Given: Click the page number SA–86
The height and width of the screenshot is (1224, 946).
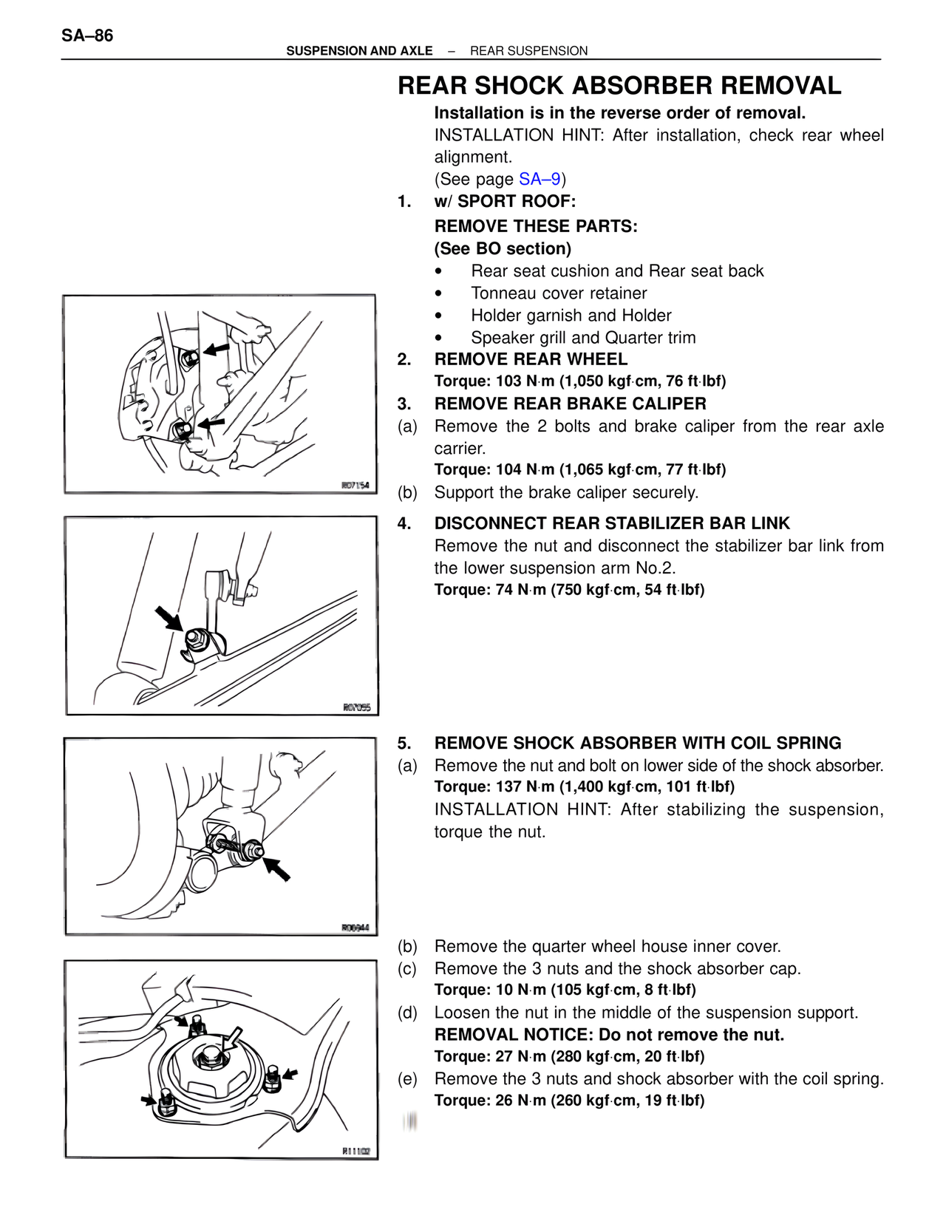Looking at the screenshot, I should click(87, 35).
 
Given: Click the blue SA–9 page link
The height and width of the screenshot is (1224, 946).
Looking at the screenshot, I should click(540, 179).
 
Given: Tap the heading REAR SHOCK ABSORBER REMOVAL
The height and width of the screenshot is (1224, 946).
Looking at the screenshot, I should click(619, 86).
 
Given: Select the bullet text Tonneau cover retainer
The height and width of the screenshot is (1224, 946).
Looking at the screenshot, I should click(559, 293).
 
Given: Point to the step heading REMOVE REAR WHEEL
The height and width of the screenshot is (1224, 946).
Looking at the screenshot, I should click(531, 359).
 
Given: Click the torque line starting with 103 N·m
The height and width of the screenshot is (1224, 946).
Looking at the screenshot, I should click(580, 381).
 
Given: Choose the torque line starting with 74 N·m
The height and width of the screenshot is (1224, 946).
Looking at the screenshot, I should click(569, 589).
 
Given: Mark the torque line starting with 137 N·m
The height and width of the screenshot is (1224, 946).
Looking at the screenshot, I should click(584, 786).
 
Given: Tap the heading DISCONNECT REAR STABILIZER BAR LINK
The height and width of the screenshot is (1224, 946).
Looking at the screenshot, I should click(612, 523).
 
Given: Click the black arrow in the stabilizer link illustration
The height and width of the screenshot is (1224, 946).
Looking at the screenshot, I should click(169, 618).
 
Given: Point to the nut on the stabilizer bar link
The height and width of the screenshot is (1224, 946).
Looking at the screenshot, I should click(196, 639).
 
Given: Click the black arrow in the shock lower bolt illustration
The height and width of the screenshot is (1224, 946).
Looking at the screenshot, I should click(278, 868).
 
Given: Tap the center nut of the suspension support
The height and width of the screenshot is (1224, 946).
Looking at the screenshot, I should click(211, 1055).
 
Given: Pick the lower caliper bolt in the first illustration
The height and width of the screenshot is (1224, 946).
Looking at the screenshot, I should click(183, 429).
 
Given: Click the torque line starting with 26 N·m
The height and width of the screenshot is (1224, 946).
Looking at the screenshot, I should click(569, 1100).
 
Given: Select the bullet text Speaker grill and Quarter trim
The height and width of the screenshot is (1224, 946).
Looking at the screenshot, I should click(583, 338).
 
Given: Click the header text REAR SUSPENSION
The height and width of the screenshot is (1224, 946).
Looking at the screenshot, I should click(528, 51).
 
